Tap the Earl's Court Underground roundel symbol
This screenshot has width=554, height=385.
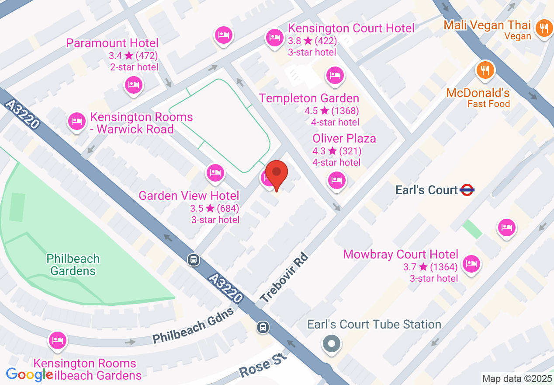point(467,190)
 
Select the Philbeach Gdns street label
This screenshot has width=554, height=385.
point(194,326)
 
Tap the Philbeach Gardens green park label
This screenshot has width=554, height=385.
point(73,265)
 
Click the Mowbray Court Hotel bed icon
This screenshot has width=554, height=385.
point(471,263)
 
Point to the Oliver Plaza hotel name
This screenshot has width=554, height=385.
point(344,138)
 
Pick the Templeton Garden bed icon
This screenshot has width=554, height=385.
point(335,75)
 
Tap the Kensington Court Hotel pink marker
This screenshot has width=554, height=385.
point(274,38)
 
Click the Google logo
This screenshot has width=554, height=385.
point(29,374)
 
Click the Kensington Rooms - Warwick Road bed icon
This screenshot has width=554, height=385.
point(77,121)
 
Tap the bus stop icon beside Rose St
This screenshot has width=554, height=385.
point(263,327)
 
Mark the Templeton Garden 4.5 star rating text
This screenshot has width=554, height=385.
point(332,111)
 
